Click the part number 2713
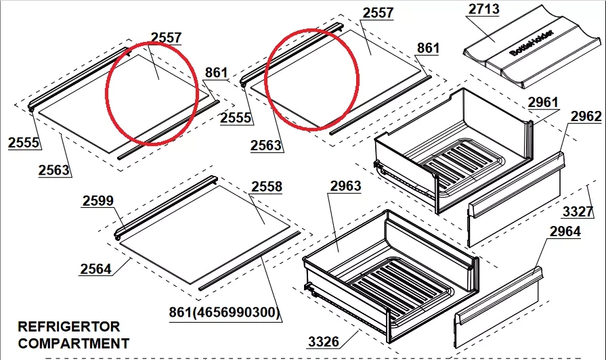point(484,9)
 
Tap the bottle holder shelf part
point(532,47)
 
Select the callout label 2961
point(543,102)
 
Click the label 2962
point(586,116)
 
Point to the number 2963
point(345,186)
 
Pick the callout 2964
point(565,231)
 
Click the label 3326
point(324,342)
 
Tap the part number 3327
point(578,211)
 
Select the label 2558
point(267,187)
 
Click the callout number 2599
point(98,200)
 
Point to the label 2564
point(96,269)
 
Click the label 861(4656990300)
point(224,312)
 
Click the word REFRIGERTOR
point(69,326)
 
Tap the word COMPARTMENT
point(73,343)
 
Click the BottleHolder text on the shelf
point(532,43)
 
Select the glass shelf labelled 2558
point(205,234)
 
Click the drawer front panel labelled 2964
point(498,308)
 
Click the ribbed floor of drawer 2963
point(400,288)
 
